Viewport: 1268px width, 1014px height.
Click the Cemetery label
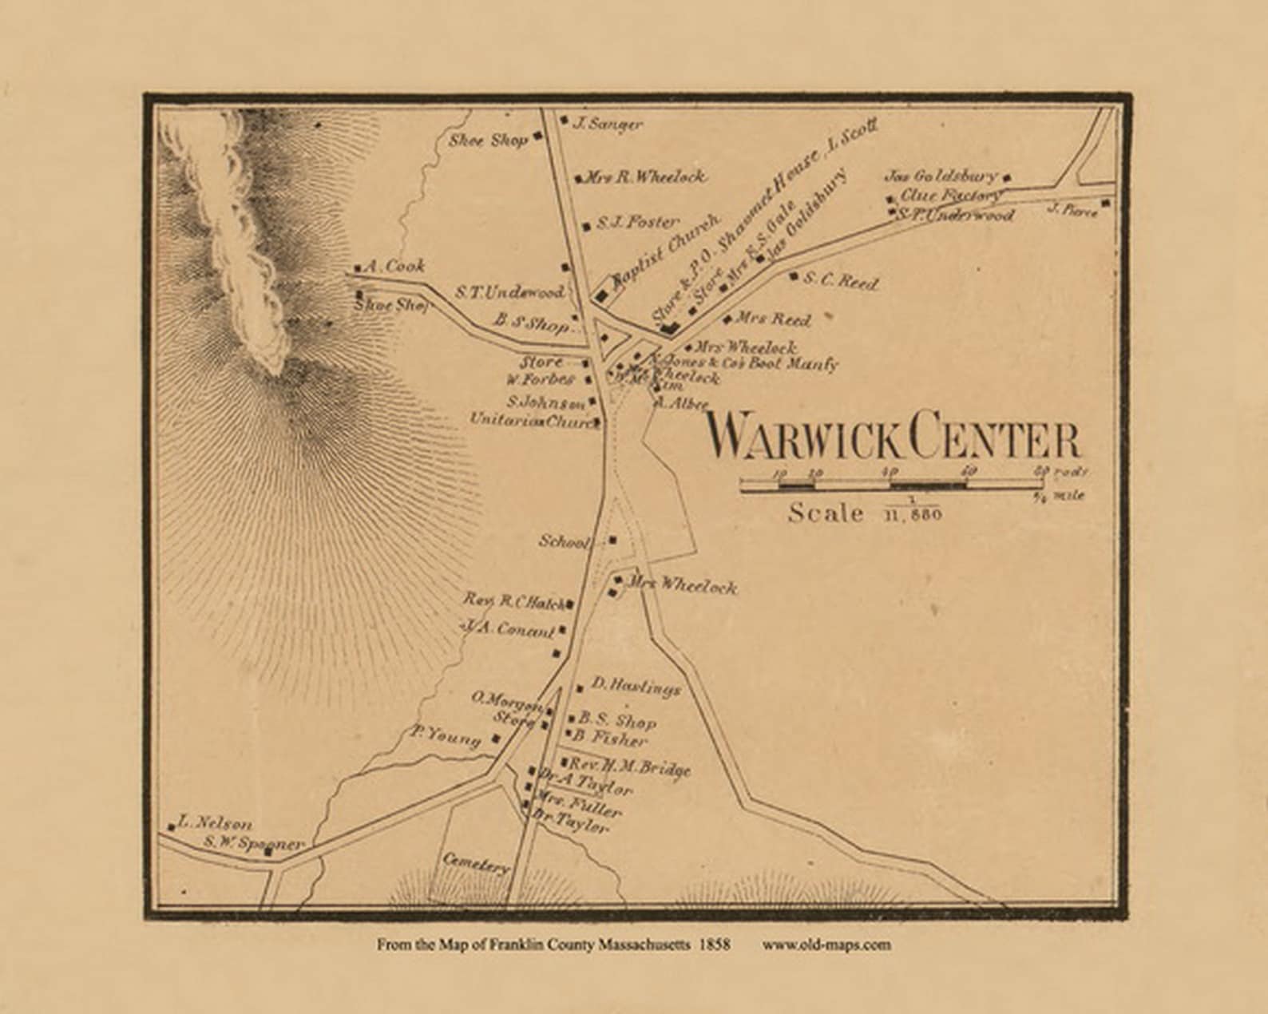(476, 862)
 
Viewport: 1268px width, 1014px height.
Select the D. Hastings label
(636, 686)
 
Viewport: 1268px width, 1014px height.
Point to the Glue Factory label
(950, 195)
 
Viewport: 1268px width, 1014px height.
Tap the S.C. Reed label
(840, 281)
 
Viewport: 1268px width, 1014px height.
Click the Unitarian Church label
(533, 420)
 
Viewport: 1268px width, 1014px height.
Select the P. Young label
(446, 735)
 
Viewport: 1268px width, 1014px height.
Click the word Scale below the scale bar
(826, 513)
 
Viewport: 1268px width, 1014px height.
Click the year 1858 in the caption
(714, 945)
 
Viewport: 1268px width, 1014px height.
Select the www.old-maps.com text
(826, 945)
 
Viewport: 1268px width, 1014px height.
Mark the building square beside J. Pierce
(1105, 204)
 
